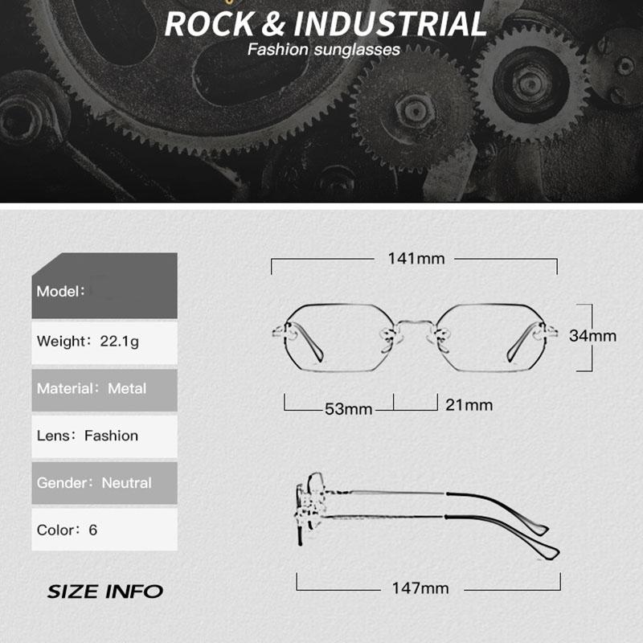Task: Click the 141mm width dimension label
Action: coord(415,259)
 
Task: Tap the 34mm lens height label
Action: coord(592,336)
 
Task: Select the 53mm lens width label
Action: coord(349,409)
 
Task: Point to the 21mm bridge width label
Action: coord(469,404)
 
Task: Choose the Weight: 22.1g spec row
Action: coord(104,342)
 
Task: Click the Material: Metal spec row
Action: coord(104,389)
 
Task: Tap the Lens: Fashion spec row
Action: coord(104,436)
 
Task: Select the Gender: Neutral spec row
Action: coord(104,484)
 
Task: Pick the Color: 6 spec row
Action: coord(104,530)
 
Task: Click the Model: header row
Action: coord(104,289)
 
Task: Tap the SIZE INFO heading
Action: coord(104,592)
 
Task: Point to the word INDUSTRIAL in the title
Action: coord(389,24)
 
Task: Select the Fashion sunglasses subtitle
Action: coord(323,50)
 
